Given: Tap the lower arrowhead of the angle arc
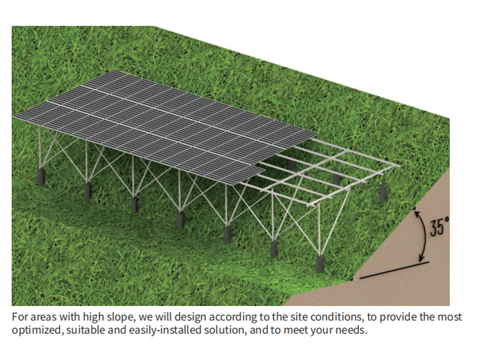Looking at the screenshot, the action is point(422,258).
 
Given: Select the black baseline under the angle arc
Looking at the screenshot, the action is point(394,270).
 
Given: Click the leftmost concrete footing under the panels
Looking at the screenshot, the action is point(41,176).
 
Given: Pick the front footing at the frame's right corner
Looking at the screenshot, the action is point(320,263).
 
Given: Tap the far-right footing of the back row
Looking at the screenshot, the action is point(383,193).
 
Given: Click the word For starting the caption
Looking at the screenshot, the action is point(20,317).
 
